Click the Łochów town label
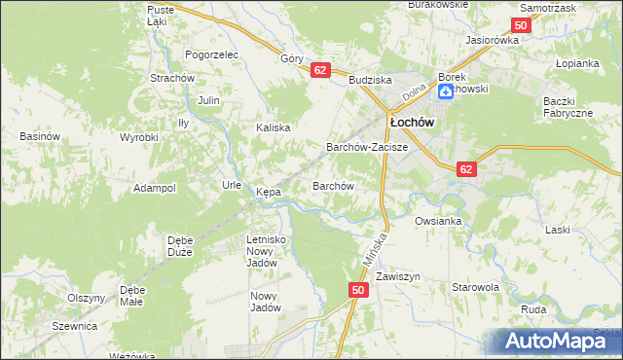pos(411,123)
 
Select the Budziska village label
pos(370,81)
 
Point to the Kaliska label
pos(274,127)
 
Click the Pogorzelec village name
pos(211,55)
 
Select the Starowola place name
pos(475,288)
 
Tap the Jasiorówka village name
pos(493,41)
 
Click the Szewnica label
pos(75,326)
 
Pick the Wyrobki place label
pos(138,137)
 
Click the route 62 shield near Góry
pos(320,70)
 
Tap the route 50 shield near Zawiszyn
pos(358,290)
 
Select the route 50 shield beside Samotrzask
pos(521,26)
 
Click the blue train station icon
pos(445,90)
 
